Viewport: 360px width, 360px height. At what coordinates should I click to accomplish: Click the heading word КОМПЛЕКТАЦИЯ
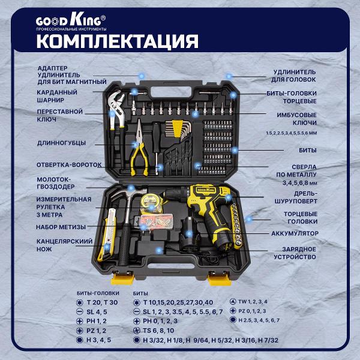[118, 41]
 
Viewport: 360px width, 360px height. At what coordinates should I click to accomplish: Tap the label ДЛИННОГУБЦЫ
[62, 143]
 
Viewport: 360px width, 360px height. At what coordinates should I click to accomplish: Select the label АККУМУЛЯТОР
[295, 233]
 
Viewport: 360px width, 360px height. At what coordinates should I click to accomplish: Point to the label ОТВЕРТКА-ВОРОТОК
[69, 165]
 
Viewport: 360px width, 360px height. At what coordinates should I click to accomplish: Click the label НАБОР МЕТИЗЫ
[61, 227]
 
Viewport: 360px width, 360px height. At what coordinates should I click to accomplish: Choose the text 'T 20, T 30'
[102, 302]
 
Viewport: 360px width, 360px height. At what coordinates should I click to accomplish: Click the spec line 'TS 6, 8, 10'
[158, 331]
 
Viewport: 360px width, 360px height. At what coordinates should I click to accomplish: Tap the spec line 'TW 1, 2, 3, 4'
[253, 302]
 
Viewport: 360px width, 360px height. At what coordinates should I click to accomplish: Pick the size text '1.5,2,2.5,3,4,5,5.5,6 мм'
[292, 133]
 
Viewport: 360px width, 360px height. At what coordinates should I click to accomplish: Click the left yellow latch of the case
[122, 278]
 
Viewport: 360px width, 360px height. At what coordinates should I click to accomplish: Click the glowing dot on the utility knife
[107, 247]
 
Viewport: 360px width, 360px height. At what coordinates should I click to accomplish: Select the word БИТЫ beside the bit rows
[308, 151]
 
